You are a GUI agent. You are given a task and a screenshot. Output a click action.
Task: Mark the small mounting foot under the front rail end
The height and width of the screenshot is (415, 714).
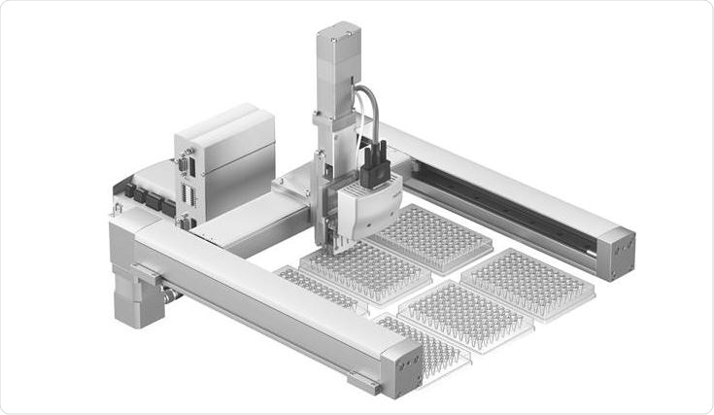(x=363, y=384)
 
